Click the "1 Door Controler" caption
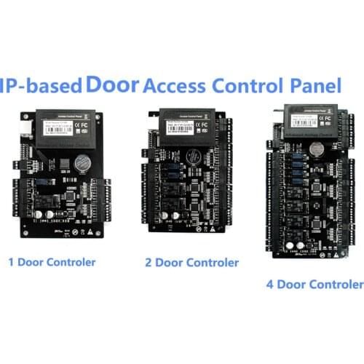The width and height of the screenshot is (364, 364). (51, 261)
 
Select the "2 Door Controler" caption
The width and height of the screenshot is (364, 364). (191, 261)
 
